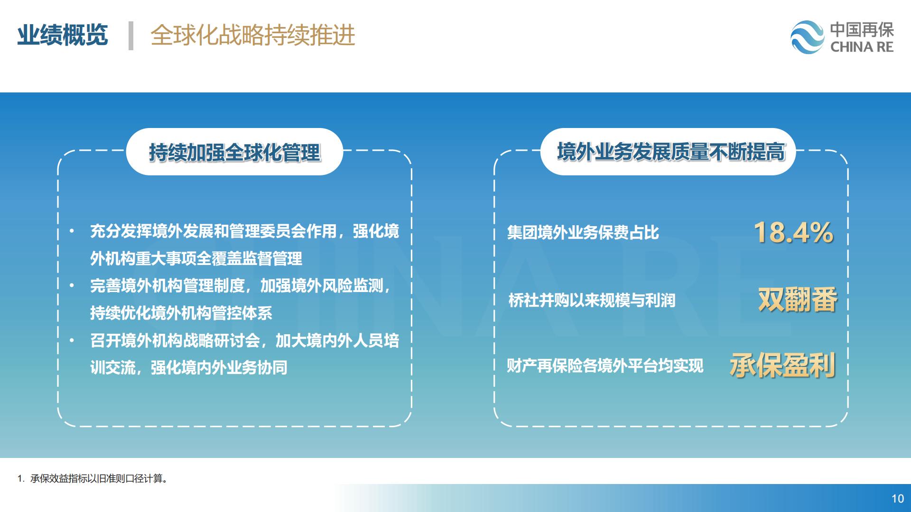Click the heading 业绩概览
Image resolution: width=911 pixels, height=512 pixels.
(63, 35)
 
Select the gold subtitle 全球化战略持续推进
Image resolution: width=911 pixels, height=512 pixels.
(253, 35)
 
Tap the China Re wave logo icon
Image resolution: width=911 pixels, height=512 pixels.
(808, 37)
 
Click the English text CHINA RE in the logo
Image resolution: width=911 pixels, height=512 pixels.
(862, 47)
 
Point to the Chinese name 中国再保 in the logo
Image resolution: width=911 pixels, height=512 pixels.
(862, 30)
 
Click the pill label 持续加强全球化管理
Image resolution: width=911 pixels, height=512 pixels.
(234, 152)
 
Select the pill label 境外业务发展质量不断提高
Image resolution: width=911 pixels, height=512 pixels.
(670, 152)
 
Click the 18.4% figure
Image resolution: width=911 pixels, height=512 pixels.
(793, 233)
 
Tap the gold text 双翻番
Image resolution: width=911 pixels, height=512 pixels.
(798, 300)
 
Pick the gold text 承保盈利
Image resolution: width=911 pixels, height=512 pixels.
(783, 365)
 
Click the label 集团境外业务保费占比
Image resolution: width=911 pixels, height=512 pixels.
(583, 233)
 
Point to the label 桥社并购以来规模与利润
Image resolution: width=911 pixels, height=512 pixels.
(592, 300)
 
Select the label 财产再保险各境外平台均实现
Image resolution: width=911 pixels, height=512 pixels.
(605, 366)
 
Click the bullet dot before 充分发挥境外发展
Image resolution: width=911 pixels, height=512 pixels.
(72, 231)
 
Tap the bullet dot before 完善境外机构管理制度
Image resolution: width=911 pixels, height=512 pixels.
(72, 286)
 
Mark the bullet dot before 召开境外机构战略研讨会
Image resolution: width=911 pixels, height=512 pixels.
(72, 340)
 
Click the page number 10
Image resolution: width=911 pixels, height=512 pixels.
(898, 499)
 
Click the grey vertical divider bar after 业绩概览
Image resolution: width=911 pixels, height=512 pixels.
(131, 36)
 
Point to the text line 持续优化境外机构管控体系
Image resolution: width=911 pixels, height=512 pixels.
(181, 313)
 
